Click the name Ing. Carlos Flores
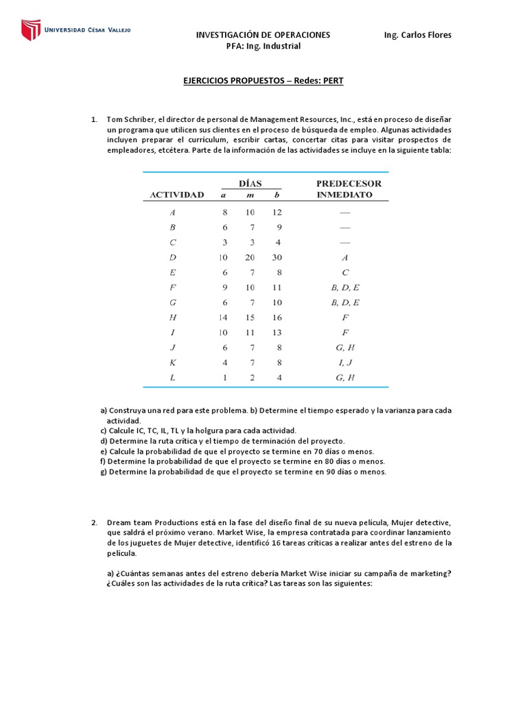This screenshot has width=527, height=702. tap(417, 35)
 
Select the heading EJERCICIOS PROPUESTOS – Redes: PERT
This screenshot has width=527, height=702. tap(263, 81)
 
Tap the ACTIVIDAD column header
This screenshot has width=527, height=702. tap(177, 195)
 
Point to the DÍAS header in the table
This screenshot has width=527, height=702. tap(250, 183)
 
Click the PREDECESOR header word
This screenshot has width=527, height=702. tap(349, 184)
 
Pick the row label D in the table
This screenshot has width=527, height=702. tap(172, 258)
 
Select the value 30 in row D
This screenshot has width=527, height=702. tap(277, 258)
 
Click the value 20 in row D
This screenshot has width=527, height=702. tap(250, 258)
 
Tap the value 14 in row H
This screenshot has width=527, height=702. tap(223, 317)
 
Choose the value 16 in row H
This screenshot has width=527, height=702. tap(277, 317)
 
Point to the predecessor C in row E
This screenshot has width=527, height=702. tap(344, 273)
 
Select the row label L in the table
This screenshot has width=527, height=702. tap(172, 377)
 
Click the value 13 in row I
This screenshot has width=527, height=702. tap(277, 332)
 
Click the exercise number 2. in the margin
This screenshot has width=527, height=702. tap(95, 522)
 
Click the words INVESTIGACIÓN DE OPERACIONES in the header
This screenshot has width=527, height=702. tap(263, 35)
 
